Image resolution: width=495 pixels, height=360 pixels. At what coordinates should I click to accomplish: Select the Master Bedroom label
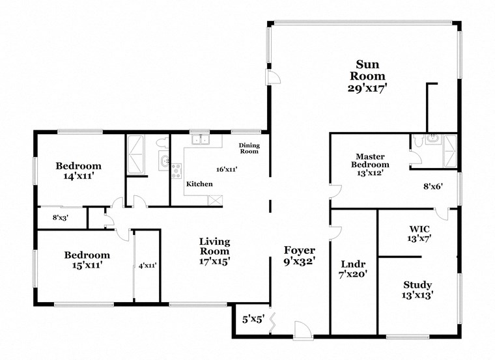pyautogui.click(x=372, y=160)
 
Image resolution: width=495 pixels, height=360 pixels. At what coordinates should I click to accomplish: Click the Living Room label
pyautogui.click(x=214, y=246)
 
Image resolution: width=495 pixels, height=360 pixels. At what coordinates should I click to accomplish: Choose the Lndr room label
pyautogui.click(x=354, y=264)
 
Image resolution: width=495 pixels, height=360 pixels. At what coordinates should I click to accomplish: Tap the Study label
pyautogui.click(x=417, y=285)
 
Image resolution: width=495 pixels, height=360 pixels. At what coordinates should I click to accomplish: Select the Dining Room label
pyautogui.click(x=249, y=148)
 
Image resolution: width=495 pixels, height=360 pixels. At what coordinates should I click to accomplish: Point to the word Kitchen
pyautogui.click(x=199, y=184)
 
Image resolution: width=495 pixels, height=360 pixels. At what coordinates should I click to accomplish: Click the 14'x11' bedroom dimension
pyautogui.click(x=78, y=176)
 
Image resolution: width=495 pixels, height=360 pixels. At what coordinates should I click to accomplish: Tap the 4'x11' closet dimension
pyautogui.click(x=147, y=266)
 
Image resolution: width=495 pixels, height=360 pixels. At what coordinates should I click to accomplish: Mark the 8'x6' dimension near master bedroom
pyautogui.click(x=433, y=186)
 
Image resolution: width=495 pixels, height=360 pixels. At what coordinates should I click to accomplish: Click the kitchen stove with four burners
pyautogui.click(x=176, y=171)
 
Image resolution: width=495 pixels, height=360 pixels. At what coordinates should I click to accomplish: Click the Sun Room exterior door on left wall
pyautogui.click(x=274, y=77)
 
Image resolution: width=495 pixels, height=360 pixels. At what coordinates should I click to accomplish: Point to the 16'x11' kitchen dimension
pyautogui.click(x=227, y=169)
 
